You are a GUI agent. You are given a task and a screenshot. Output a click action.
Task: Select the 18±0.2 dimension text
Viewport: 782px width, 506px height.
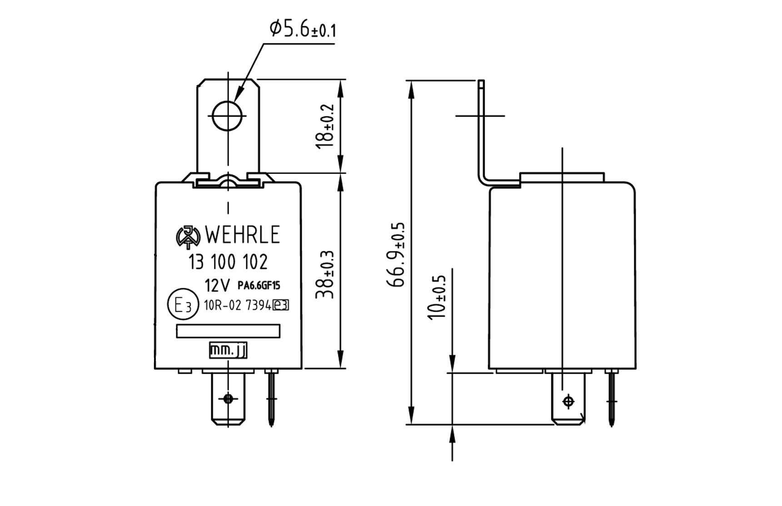pos(325,126)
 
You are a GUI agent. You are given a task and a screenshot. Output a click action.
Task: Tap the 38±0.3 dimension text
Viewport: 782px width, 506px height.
pos(325,274)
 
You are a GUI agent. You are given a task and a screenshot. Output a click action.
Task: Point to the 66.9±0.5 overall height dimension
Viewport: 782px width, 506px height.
pos(395,254)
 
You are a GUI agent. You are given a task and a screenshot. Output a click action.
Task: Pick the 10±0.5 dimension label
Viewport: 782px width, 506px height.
pos(437,298)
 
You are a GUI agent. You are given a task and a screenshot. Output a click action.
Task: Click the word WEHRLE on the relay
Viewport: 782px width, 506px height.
pos(242,235)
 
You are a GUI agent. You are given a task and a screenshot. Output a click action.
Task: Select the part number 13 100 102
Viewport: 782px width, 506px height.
pos(228,262)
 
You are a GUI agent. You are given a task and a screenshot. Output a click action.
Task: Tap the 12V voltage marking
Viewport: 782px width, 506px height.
pos(217,286)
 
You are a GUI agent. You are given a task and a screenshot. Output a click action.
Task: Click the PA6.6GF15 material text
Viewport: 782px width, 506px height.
pos(259,286)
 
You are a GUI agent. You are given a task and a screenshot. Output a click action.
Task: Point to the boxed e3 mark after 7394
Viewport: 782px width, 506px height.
pos(281,305)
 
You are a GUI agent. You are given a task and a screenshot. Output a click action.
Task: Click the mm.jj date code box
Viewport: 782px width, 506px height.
pos(228,350)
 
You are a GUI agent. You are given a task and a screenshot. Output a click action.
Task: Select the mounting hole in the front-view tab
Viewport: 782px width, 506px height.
pos(227,116)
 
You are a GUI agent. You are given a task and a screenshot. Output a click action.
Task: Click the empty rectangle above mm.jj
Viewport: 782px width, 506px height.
pos(228,331)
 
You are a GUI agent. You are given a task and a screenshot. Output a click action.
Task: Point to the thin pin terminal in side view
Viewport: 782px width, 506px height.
pos(612,398)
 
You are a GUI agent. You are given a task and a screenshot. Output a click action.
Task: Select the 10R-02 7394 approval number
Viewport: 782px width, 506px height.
pos(238,305)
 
